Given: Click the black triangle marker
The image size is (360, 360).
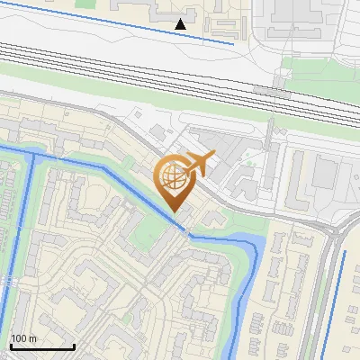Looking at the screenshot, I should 182,24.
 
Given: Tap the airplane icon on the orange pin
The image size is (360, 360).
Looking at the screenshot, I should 196,165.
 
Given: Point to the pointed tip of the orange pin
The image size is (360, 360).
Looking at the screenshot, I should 175,211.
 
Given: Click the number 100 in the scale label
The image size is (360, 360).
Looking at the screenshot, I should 21,338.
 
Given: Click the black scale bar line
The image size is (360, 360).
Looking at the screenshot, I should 41,346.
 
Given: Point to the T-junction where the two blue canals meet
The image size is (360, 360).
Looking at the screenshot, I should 34,155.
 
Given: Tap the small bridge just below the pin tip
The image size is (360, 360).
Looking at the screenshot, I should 186,233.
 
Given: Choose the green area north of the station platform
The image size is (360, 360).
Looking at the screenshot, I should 306,68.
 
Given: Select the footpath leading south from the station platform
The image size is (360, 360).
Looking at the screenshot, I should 269,135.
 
